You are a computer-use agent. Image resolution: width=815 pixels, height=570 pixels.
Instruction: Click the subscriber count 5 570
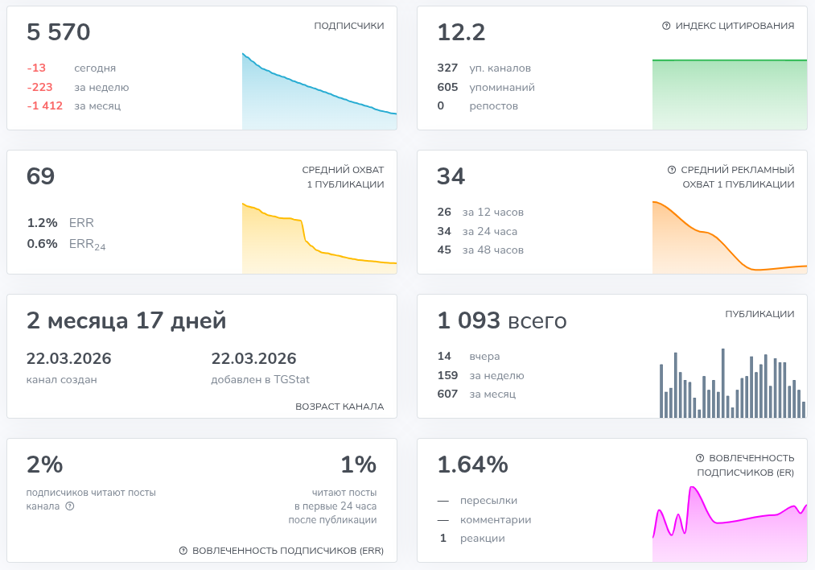58,32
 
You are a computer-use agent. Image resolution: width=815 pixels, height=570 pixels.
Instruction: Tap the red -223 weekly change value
39,87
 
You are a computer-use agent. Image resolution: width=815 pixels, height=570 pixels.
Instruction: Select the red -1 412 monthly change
45,105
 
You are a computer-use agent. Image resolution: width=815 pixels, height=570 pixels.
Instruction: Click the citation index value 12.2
461,32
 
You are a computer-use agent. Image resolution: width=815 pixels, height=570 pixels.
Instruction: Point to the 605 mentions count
447,87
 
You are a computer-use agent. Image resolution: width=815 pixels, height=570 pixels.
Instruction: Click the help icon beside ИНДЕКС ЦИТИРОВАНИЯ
666,26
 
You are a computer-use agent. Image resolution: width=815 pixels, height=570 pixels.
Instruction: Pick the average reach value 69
40,176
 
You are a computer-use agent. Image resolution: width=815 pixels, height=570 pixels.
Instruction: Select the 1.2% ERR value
42,222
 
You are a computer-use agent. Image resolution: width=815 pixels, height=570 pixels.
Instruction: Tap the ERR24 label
88,245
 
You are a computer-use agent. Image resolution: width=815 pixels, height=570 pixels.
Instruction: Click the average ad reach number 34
451,176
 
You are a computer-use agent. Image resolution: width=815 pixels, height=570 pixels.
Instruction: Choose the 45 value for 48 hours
444,250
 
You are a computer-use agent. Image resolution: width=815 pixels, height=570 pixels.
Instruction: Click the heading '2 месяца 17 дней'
126,320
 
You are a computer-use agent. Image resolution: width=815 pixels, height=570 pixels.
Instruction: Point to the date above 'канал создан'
68,358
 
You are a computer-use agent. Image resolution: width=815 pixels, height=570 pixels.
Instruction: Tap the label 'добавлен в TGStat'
261,380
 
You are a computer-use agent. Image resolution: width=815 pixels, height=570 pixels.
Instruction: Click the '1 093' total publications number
468,320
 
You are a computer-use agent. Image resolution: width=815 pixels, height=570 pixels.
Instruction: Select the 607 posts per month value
447,394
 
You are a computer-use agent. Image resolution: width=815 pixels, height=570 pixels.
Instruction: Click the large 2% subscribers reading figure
45,465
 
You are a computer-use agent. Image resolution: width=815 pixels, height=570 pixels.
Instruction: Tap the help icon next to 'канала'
70,506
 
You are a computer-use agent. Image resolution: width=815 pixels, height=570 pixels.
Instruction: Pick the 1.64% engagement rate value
472,465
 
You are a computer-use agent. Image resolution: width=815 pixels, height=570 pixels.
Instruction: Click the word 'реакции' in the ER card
483,539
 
